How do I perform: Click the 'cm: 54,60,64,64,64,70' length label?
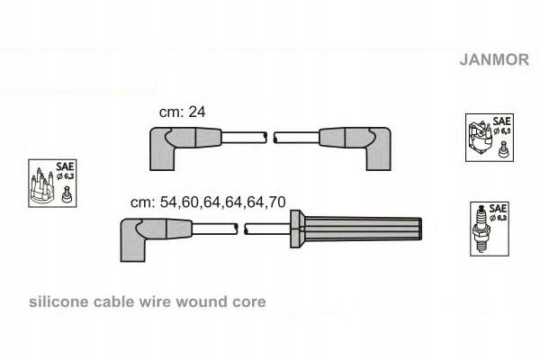tap(208, 202)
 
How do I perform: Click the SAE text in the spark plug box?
tap(498, 208)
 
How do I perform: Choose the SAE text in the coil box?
tap(502, 121)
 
